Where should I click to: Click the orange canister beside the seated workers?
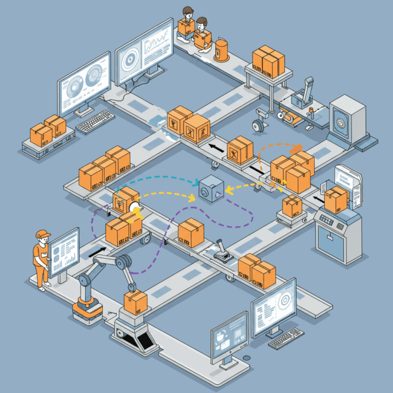pyautogui.click(x=222, y=50)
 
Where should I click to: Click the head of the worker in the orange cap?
pyautogui.click(x=42, y=236)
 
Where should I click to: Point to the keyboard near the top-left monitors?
pyautogui.click(x=95, y=122)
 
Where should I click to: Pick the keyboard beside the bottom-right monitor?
pyautogui.click(x=285, y=338)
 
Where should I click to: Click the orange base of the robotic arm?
pyautogui.click(x=88, y=310)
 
